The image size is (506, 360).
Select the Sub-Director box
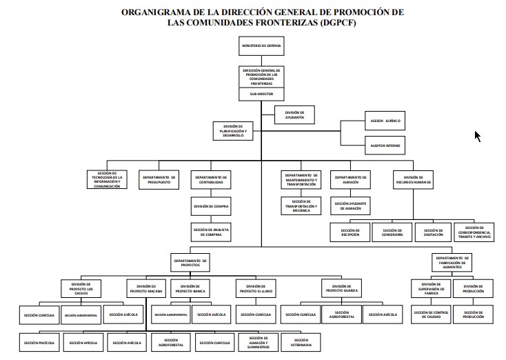pyautogui.click(x=261, y=93)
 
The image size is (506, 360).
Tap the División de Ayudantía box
pyautogui.click(x=294, y=114)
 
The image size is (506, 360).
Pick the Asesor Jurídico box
pyautogui.click(x=385, y=121)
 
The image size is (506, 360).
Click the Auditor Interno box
pyautogui.click(x=385, y=146)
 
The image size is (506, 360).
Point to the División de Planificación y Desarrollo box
pyautogui.click(x=235, y=130)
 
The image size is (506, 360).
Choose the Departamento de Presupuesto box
pyautogui.click(x=161, y=179)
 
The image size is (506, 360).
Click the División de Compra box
pyautogui.click(x=211, y=206)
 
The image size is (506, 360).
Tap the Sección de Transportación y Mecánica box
pyautogui.click(x=301, y=205)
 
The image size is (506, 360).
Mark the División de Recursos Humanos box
pyautogui.click(x=414, y=179)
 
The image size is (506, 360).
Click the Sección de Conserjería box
pyautogui.click(x=392, y=232)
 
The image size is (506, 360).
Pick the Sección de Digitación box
pyautogui.click(x=434, y=232)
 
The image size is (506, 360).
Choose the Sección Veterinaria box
pyautogui.click(x=301, y=341)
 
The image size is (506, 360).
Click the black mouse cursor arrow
pyautogui.click(x=477, y=135)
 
